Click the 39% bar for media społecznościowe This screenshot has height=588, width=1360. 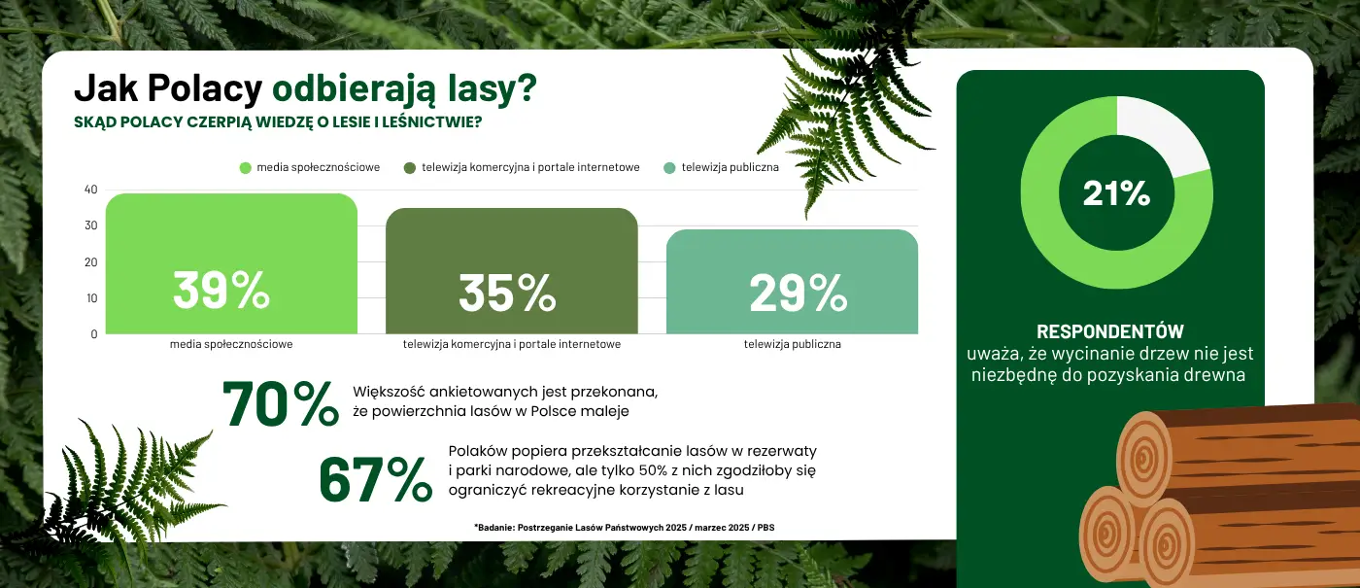(231, 263)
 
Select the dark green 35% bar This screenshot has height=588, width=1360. (512, 271)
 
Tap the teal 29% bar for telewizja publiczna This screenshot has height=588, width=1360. (793, 282)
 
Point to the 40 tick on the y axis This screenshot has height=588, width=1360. (91, 190)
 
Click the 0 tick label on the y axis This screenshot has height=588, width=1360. (94, 334)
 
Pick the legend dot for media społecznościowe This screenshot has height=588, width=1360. (245, 168)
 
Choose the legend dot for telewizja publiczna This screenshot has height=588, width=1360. (669, 168)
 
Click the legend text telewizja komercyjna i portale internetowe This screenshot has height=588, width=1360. (530, 167)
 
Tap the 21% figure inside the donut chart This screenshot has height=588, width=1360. (1116, 193)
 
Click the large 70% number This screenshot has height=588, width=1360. (281, 404)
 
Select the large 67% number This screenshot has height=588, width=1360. (376, 480)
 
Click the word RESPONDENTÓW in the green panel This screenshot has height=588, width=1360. (1109, 331)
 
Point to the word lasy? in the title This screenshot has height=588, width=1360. (493, 88)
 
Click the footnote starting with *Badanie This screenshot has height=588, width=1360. (624, 527)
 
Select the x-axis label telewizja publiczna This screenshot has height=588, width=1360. (793, 344)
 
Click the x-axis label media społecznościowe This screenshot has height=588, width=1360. (231, 344)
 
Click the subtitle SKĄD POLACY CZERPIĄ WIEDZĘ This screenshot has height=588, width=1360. (278, 122)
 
